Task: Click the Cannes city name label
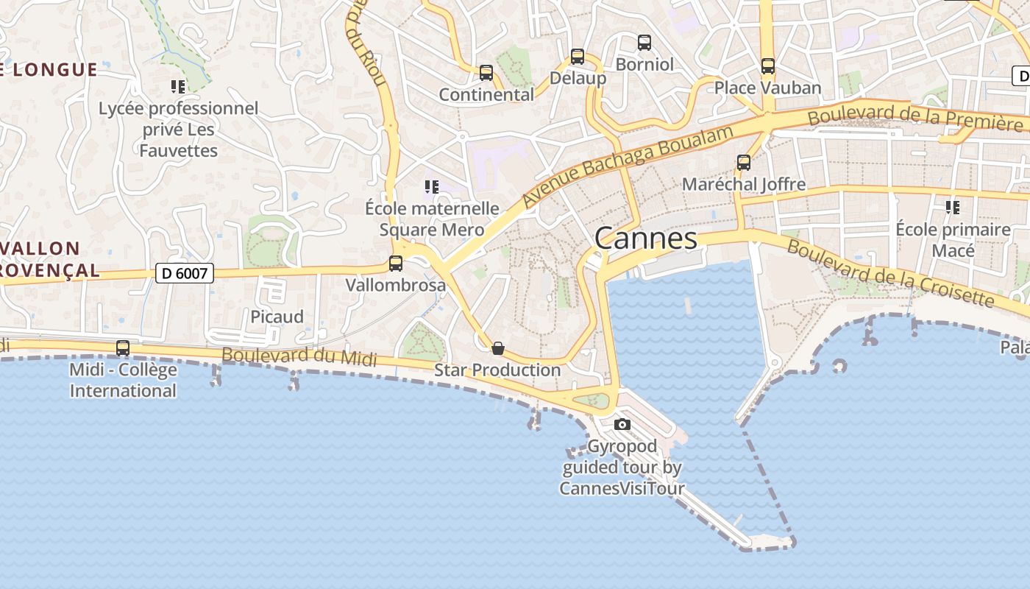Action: [645, 239]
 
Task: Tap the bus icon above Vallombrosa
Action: [396, 263]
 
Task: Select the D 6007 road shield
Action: [185, 274]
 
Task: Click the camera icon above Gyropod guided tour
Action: [622, 424]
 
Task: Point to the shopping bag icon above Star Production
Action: [498, 348]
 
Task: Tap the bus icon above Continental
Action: [486, 73]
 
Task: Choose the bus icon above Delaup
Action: [578, 56]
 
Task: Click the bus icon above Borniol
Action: [644, 43]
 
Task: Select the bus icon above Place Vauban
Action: [768, 66]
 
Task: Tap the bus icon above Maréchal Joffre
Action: [744, 163]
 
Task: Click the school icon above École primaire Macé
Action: [953, 208]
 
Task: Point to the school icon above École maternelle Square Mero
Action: [432, 187]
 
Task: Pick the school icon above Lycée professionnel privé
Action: [178, 87]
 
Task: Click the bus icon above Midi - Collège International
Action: [123, 348]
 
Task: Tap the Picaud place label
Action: [277, 317]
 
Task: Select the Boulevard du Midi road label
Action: [299, 356]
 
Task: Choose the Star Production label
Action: [497, 370]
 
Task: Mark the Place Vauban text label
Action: [768, 88]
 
